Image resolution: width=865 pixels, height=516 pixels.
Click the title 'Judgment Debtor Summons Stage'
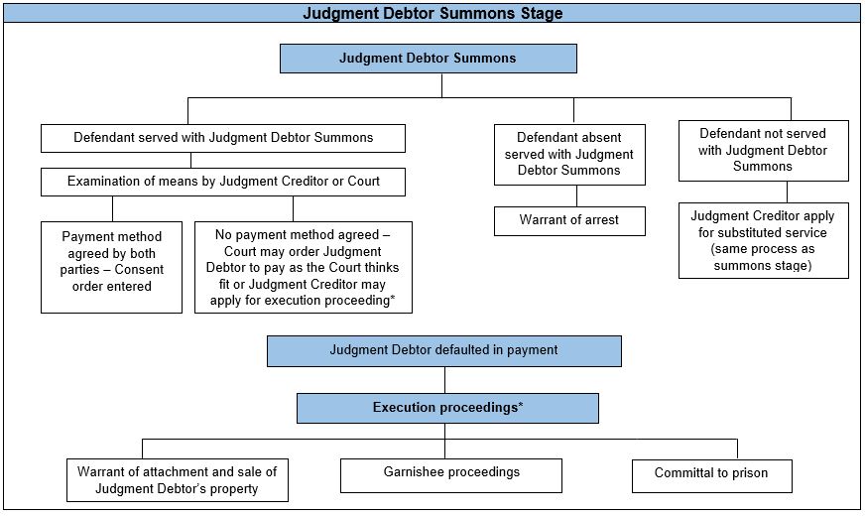(x=432, y=14)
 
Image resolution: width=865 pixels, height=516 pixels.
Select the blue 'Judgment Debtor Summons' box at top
(x=428, y=59)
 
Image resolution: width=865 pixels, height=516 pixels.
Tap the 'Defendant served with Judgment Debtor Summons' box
(x=223, y=138)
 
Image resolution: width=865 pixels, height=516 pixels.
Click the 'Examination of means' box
(x=223, y=182)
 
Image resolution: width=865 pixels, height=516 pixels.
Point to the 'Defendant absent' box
(x=569, y=155)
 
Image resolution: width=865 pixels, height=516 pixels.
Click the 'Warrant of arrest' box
(x=569, y=220)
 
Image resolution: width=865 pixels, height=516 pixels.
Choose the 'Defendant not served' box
(x=763, y=150)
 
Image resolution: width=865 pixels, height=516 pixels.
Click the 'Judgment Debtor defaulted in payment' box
(x=443, y=350)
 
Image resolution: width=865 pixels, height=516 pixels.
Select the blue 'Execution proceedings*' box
(x=446, y=408)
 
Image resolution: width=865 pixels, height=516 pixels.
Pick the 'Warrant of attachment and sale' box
(x=178, y=480)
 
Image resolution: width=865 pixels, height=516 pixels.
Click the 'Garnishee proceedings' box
(x=450, y=473)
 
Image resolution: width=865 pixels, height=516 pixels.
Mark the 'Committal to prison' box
(x=711, y=474)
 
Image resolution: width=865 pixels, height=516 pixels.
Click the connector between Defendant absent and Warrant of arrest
(x=576, y=195)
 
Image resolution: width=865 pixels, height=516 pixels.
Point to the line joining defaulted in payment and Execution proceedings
(x=444, y=379)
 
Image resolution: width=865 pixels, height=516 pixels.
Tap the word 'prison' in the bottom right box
(x=749, y=473)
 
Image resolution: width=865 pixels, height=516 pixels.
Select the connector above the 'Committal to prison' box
(x=737, y=448)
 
